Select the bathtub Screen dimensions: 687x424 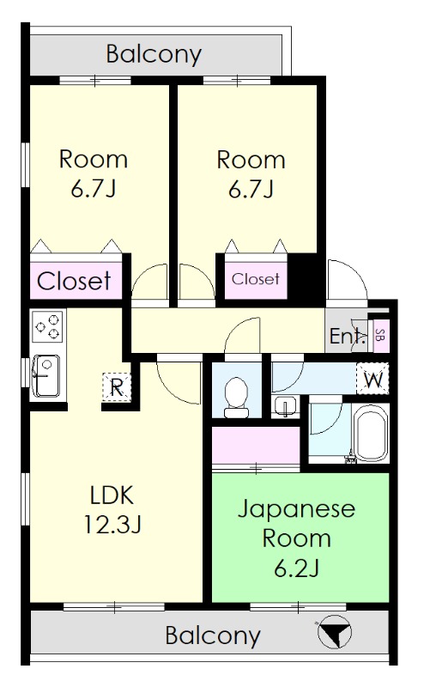tap(371, 435)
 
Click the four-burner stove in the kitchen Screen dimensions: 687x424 tap(46, 327)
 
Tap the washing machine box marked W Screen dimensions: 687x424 tap(373, 377)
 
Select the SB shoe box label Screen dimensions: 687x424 tap(380, 335)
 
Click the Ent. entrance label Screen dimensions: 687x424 tap(347, 336)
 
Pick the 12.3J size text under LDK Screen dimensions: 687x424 tap(112, 522)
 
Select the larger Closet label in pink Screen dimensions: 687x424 tap(74, 281)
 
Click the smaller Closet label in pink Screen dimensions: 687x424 tap(255, 279)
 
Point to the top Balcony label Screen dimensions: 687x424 tap(154, 55)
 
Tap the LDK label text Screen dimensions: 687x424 tap(112, 495)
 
